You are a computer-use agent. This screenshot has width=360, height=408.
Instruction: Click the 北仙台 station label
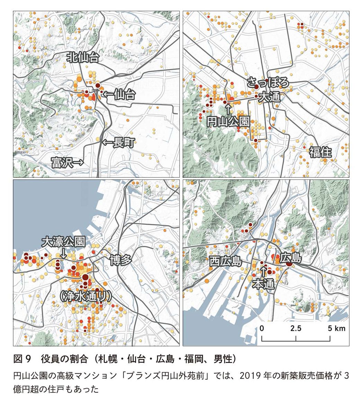(x=83, y=58)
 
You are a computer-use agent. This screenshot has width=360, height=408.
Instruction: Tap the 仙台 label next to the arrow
(x=124, y=94)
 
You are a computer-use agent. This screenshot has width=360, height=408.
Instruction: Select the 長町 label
(x=124, y=142)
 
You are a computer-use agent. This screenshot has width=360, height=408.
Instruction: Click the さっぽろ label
(x=268, y=82)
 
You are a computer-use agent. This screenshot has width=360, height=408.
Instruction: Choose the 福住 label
(x=321, y=152)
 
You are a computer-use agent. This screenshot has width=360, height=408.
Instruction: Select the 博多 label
(x=121, y=259)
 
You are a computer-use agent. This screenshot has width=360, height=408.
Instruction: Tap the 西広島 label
(x=225, y=261)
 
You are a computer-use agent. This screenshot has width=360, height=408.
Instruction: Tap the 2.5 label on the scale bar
(x=296, y=328)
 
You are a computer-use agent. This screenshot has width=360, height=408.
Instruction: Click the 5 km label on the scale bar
(x=337, y=328)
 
